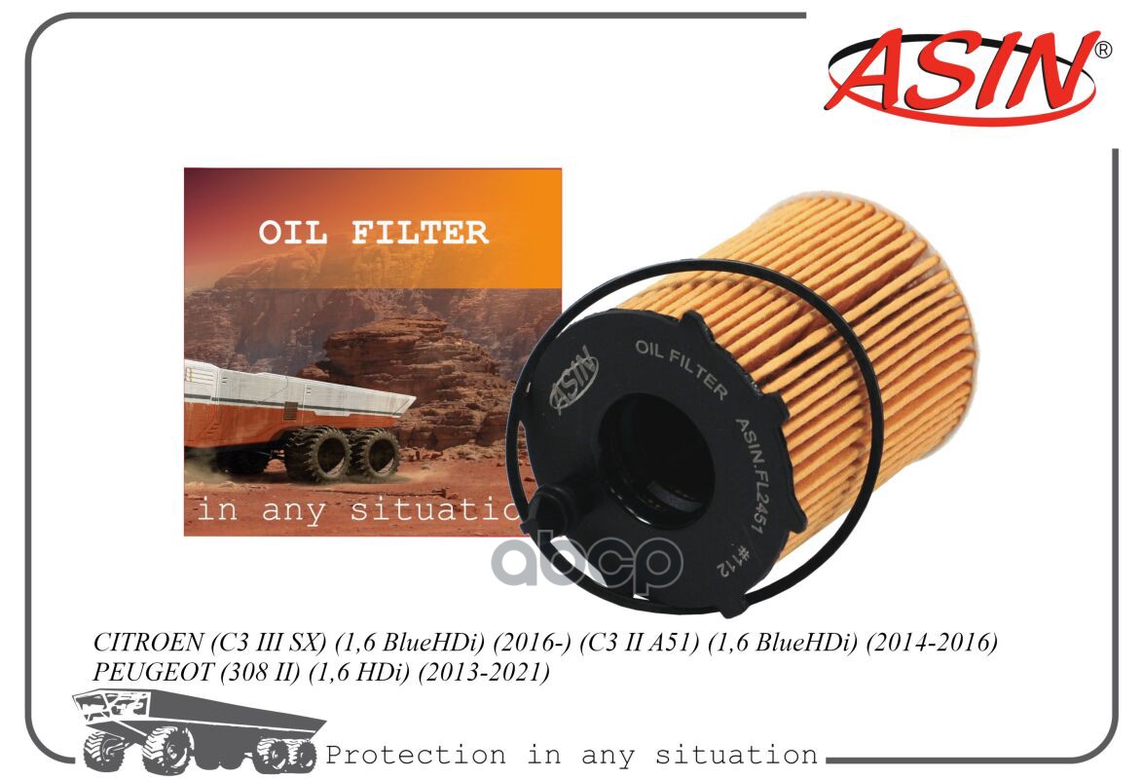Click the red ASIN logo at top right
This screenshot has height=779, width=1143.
(x=961, y=76)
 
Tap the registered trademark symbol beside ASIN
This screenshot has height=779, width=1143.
(x=1104, y=50)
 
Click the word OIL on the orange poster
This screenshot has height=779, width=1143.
(x=293, y=233)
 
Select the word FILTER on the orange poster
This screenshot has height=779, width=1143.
(x=420, y=233)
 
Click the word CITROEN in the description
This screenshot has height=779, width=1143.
(x=148, y=643)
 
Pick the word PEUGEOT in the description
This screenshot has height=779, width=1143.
(x=152, y=672)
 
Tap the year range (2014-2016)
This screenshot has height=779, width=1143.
(x=931, y=643)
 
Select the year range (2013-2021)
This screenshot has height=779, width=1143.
(x=484, y=672)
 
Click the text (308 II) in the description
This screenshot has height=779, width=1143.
(x=260, y=672)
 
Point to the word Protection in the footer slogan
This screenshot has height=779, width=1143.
(x=416, y=755)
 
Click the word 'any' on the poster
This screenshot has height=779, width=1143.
(x=293, y=509)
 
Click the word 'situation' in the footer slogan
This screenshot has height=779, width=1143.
(x=736, y=755)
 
